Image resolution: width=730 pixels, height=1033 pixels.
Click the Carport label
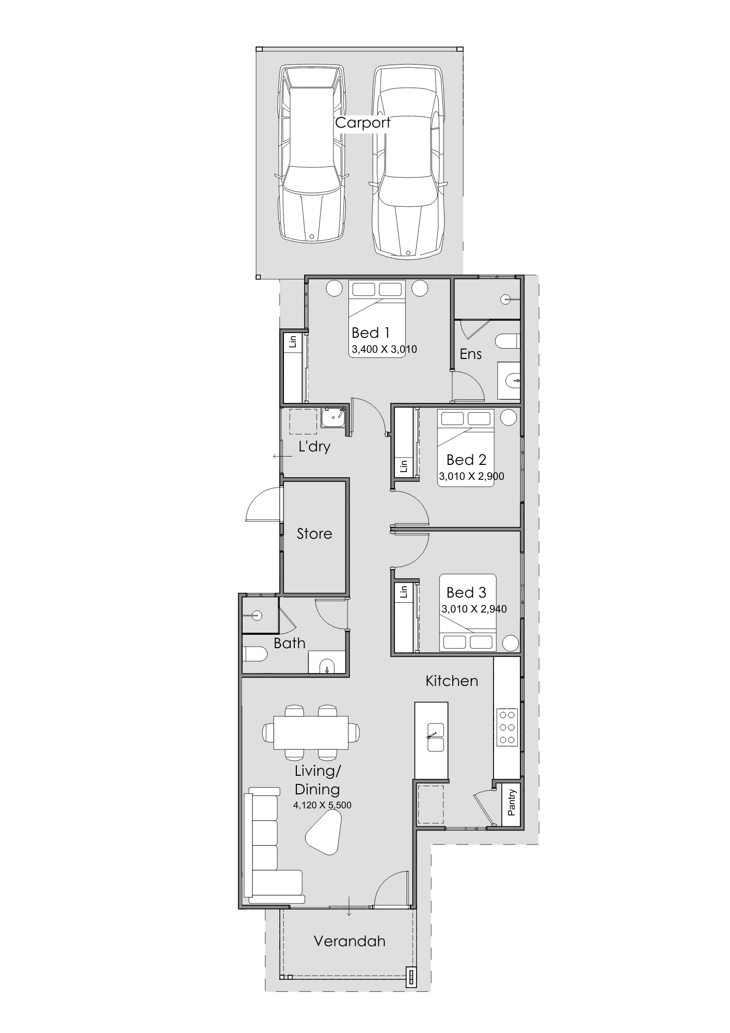click(x=363, y=123)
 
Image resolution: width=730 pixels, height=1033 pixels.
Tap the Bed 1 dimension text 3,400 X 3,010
click(x=384, y=350)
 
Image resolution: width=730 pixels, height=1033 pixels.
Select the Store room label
click(x=314, y=534)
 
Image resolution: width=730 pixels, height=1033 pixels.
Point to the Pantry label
click(x=512, y=802)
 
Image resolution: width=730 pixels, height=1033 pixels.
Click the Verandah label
click(x=350, y=941)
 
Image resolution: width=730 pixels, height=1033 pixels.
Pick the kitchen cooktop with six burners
click(x=507, y=727)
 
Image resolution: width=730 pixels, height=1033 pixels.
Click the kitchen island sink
click(x=435, y=737)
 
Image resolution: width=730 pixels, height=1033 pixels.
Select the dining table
click(x=311, y=732)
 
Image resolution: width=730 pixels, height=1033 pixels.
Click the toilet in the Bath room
click(x=255, y=655)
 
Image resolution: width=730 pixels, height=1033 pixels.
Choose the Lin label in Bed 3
click(x=404, y=592)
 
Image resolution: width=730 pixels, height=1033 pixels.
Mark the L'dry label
click(x=314, y=446)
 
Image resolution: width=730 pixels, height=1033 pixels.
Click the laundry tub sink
click(x=334, y=418)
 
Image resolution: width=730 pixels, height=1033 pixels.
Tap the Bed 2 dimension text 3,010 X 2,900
click(x=471, y=476)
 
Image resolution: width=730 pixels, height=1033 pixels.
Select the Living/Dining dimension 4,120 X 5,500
click(x=322, y=805)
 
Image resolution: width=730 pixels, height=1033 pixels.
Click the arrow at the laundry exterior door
click(x=282, y=457)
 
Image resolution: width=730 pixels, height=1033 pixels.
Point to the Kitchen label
click(x=452, y=681)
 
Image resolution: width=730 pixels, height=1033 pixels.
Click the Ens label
click(x=470, y=354)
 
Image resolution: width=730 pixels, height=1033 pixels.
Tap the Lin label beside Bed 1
click(x=293, y=342)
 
